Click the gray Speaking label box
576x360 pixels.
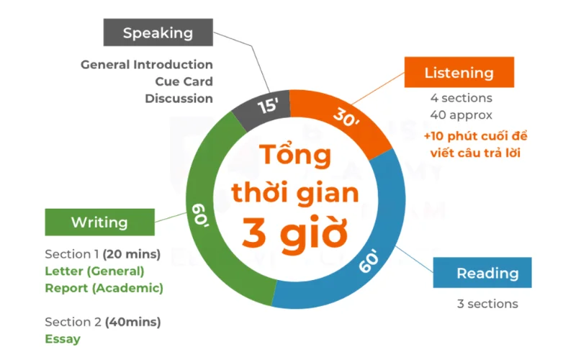[x=158, y=32]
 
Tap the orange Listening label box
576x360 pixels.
[x=459, y=73]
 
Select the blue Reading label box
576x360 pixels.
[x=487, y=273]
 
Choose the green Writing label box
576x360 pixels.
[x=99, y=222]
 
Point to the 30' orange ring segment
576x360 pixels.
[x=346, y=117]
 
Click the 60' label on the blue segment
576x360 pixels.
[x=369, y=262]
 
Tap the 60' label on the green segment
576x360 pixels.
[x=199, y=213]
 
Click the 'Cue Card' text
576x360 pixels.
[x=184, y=81]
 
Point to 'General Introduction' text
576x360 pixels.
[x=147, y=65]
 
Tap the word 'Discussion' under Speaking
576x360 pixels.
[x=179, y=98]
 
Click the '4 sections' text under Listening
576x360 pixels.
[x=461, y=98]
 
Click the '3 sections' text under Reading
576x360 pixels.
[x=487, y=303]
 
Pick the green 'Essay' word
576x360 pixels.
[x=63, y=338]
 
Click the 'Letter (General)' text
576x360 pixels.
[x=94, y=271]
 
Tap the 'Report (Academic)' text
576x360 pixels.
[x=104, y=288]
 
